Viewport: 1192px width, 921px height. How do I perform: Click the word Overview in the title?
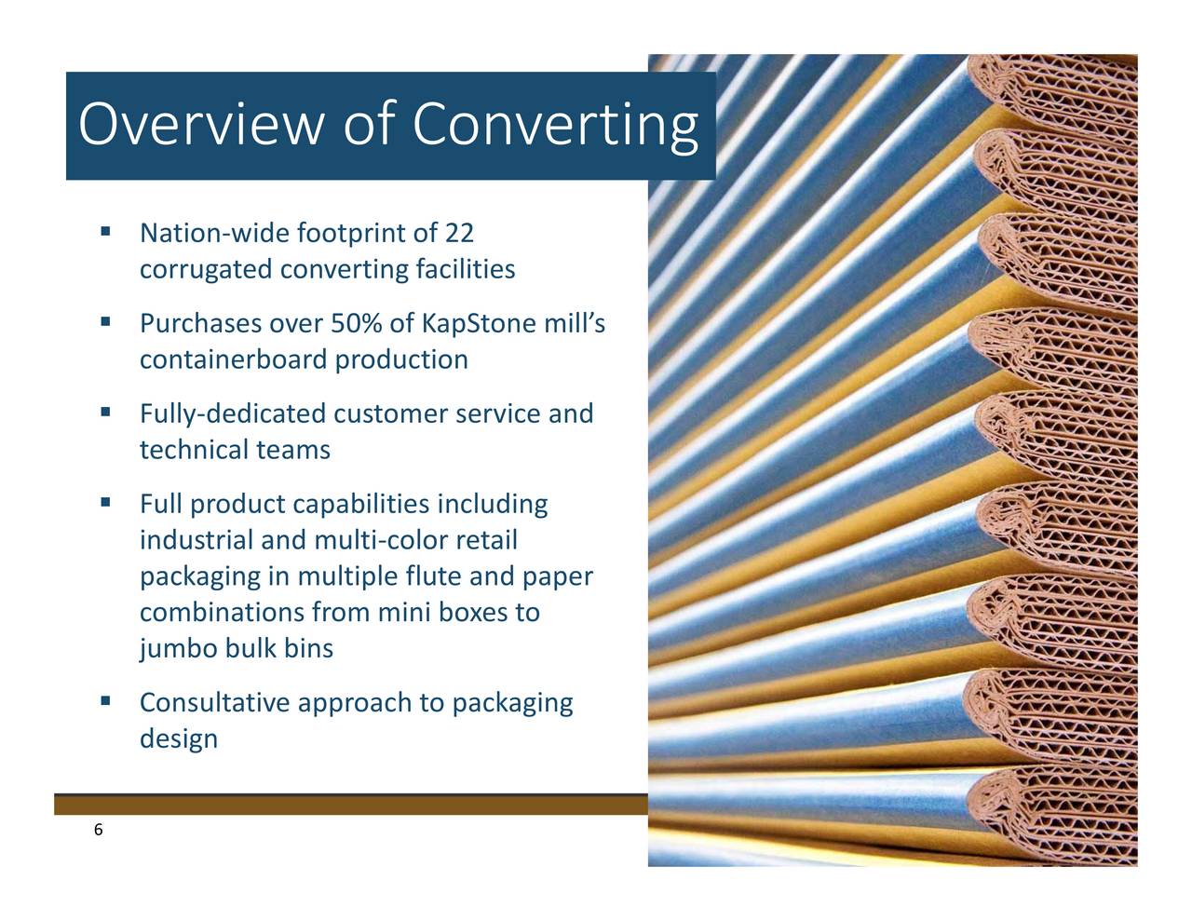(201, 124)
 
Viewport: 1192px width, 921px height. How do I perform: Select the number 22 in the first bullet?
(458, 233)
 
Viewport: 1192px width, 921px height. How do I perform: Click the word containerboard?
(234, 359)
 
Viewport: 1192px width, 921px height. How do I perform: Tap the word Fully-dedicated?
(233, 414)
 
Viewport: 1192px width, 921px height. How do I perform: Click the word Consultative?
(214, 703)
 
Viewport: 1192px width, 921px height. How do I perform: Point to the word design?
(179, 739)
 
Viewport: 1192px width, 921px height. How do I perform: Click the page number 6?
(98, 830)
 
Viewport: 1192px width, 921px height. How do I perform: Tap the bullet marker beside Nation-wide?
(106, 231)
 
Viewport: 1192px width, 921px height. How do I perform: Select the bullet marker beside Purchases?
(106, 321)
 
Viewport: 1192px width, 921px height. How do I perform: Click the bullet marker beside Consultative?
(106, 700)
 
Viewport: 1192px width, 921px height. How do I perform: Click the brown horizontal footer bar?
(351, 805)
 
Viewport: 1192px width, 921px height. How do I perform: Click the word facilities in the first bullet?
(466, 269)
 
